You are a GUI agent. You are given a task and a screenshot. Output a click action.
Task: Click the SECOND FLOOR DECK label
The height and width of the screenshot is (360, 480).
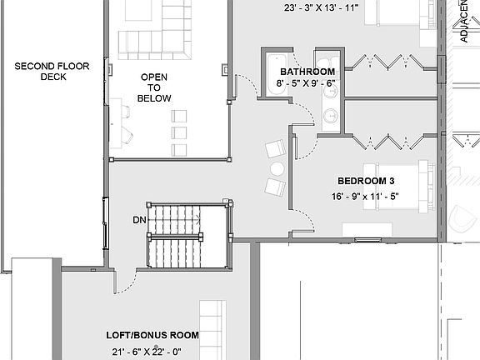pos(41,71)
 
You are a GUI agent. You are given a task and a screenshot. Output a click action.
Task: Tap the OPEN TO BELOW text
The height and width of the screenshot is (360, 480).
pos(155,87)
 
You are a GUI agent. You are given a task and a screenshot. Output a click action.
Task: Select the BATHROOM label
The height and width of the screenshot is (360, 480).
pos(301,72)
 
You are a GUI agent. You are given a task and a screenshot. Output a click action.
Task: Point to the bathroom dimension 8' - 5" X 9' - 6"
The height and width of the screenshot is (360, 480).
pos(305,83)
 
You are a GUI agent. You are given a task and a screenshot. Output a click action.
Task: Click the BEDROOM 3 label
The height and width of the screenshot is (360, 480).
pos(366,181)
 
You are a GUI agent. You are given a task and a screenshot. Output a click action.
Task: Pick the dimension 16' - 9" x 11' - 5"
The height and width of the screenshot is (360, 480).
pos(365,197)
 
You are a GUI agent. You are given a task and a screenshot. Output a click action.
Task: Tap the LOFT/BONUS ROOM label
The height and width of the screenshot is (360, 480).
pos(152,335)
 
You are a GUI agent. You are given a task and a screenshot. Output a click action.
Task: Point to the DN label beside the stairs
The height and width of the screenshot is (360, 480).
pos(139,220)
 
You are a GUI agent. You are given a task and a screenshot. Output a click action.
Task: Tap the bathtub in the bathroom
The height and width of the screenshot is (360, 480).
pos(276,74)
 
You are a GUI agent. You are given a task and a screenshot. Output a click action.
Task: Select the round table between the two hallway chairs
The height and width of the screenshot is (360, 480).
pos(277,168)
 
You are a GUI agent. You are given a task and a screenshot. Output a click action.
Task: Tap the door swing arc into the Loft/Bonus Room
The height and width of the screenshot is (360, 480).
pos(125,279)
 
